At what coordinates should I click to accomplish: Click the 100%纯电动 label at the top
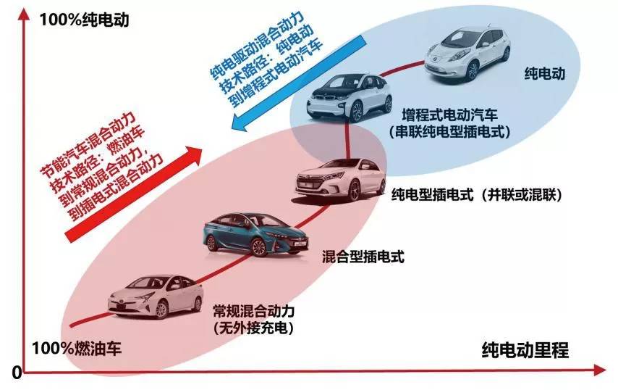[x=84, y=20]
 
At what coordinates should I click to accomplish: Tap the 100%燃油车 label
[x=77, y=349]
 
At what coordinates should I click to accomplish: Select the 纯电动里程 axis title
[x=525, y=349]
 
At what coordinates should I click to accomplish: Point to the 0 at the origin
[x=17, y=372]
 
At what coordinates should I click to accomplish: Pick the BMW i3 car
[x=350, y=96]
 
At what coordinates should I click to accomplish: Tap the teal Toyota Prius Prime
[x=255, y=234]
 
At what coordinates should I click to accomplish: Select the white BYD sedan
[x=341, y=180]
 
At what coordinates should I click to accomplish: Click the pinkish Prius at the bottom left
[x=156, y=296]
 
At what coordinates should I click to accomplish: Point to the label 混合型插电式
[x=363, y=257]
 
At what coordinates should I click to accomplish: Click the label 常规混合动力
[x=253, y=312]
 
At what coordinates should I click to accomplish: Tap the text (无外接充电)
[x=253, y=328]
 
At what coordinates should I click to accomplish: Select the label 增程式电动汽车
[x=449, y=115]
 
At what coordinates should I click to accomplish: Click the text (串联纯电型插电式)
[x=449, y=131]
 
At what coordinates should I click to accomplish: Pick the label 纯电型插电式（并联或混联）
[x=477, y=194]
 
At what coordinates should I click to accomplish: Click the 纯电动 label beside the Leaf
[x=544, y=73]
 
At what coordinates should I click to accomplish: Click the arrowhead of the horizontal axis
[x=600, y=370]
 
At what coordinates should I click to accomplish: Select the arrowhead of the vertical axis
[x=25, y=14]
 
